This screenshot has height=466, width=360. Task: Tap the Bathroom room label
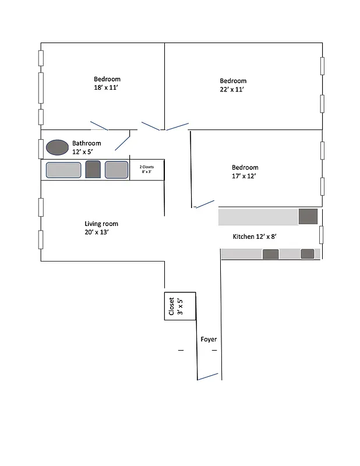[86, 143]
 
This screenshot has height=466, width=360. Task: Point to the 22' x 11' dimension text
[232, 89]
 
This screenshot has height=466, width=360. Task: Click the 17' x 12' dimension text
[244, 175]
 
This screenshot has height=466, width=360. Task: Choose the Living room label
[101, 224]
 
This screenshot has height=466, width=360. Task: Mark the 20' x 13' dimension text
[97, 232]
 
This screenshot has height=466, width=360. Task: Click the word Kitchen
[243, 237]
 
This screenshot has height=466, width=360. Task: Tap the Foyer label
[209, 339]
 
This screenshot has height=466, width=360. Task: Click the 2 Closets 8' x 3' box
[147, 170]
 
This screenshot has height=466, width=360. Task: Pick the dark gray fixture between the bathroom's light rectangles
[93, 170]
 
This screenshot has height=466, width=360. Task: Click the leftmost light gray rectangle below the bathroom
[63, 170]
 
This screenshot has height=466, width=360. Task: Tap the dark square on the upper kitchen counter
[308, 216]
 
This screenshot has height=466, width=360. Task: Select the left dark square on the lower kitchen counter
[270, 254]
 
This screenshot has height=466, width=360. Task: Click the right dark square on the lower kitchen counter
[307, 253]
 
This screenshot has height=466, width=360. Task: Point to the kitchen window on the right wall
[321, 234]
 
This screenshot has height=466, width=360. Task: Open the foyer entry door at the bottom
[209, 376]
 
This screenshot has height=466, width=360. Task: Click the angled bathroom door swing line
[122, 142]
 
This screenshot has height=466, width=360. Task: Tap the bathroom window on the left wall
[41, 149]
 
